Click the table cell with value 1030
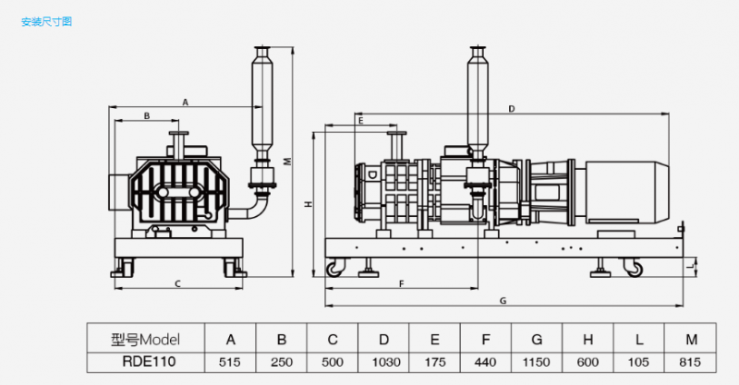[x=383, y=362]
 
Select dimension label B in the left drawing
[x=147, y=115]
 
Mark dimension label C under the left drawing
[x=177, y=283]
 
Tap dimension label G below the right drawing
[x=503, y=301]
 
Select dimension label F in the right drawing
[x=402, y=283]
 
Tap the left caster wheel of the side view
[x=333, y=269]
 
